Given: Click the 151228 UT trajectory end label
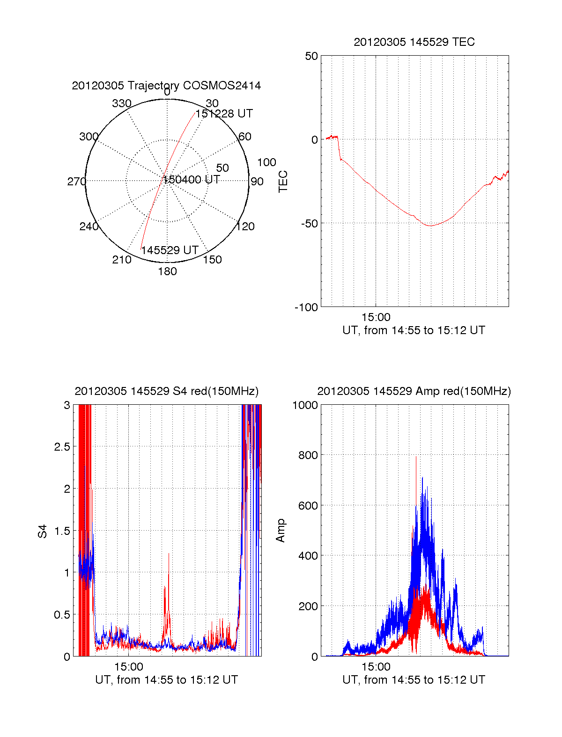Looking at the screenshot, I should pos(224,114).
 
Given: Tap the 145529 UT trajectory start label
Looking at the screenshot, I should pos(170,250).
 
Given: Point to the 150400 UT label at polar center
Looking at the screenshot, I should pos(191,180).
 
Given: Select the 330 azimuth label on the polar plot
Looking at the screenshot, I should pos(121,103).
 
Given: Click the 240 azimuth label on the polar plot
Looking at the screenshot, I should pos(89,226).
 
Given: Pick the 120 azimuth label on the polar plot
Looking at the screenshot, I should pos(245,226).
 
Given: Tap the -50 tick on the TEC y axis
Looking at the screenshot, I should pos(309,223).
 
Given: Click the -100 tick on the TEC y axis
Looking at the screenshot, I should pos(306,307).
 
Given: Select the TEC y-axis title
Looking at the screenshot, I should pos(283,182).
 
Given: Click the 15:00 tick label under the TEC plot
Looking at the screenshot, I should pos(376,317).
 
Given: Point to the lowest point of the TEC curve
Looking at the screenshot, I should pos(430,226).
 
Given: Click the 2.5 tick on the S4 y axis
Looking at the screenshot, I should pos(62,447).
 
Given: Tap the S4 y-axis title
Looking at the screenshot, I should pos(43,532).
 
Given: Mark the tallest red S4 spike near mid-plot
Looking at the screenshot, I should pos(169,554).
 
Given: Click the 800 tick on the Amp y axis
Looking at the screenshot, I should pos(308,455).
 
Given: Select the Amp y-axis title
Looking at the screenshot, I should pos(281,531).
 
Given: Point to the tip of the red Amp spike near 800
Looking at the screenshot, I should pos(416,457).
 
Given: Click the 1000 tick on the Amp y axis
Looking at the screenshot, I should pos(305,405).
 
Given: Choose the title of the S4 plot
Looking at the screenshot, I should pos(166,391).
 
